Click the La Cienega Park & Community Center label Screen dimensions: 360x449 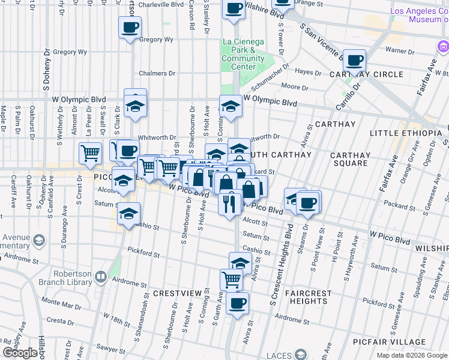[x=243, y=54]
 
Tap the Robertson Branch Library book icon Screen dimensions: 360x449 [x=101, y=277]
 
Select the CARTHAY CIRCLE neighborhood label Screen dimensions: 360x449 [x=366, y=74]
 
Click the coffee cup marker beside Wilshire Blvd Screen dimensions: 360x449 [x=234, y=8]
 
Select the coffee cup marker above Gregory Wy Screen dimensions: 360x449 [x=130, y=27]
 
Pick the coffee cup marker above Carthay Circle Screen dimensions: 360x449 [x=355, y=60]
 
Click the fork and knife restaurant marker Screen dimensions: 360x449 [x=230, y=203]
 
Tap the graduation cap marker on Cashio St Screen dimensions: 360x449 [x=129, y=214]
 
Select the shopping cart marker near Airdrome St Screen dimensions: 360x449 [x=231, y=279]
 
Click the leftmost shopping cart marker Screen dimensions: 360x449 [x=90, y=152]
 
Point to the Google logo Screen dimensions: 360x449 [x=20, y=353]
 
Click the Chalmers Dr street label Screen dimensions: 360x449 [x=157, y=73]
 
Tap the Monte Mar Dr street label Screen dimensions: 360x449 [x=61, y=305]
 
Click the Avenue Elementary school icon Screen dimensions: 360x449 [x=38, y=241]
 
